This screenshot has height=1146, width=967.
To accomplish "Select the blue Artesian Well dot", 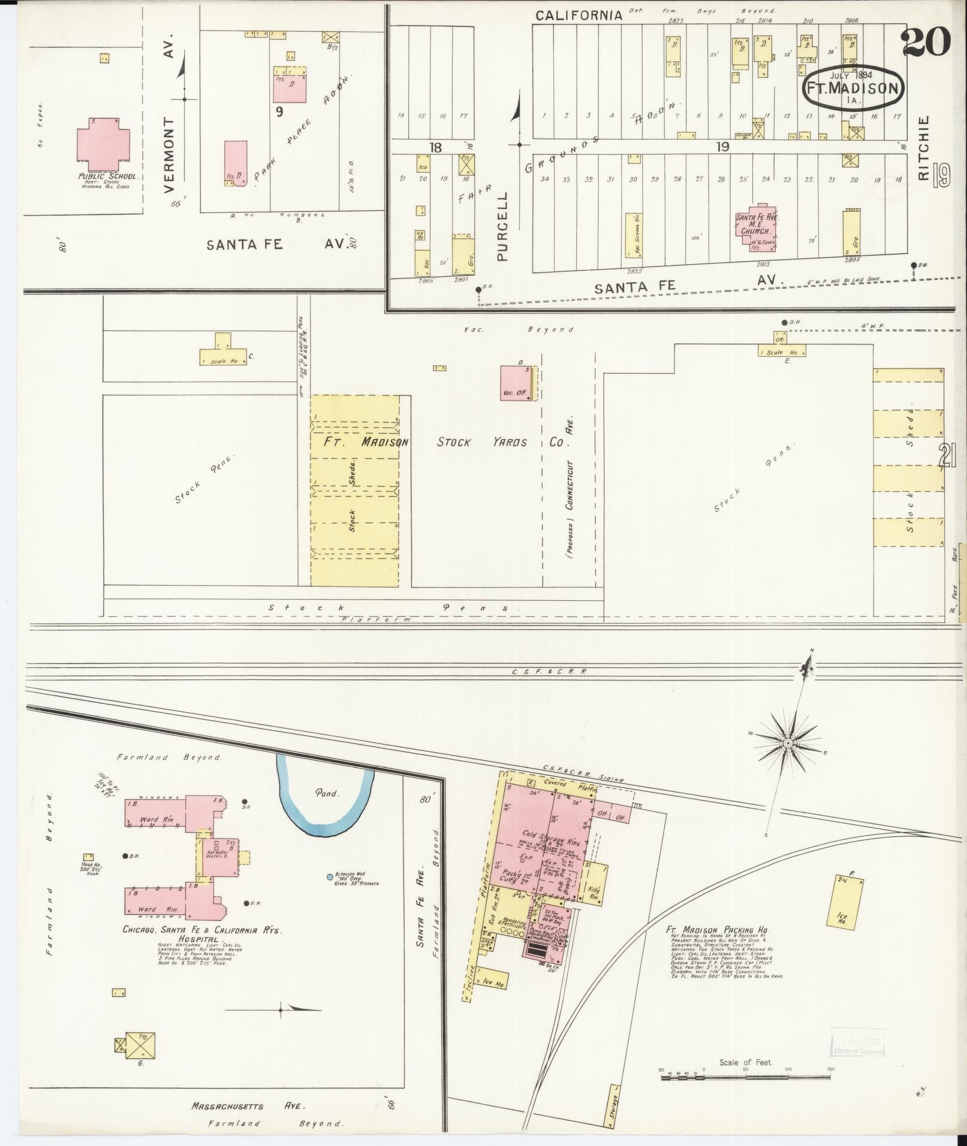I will tap(330, 877).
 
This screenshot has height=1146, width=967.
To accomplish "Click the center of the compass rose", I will tap(788, 743).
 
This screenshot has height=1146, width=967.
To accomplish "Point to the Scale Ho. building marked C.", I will tap(223, 353).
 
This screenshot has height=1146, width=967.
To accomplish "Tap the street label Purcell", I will tap(502, 226).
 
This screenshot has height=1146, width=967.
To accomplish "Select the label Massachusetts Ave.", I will tap(248, 1106).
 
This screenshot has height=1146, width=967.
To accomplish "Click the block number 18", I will tap(435, 147).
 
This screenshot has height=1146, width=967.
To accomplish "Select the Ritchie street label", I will tap(923, 148).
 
